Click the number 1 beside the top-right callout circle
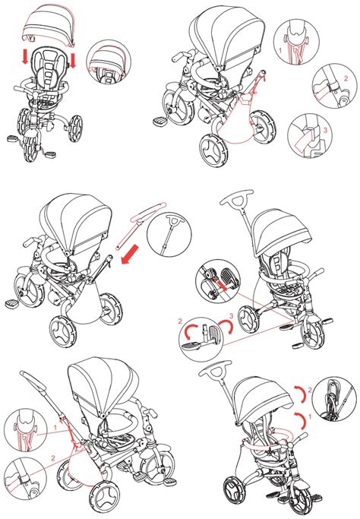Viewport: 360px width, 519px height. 279,52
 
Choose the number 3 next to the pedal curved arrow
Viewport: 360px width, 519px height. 229,315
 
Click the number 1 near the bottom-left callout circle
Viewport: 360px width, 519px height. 55,427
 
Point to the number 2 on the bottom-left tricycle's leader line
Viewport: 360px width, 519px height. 53,458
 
